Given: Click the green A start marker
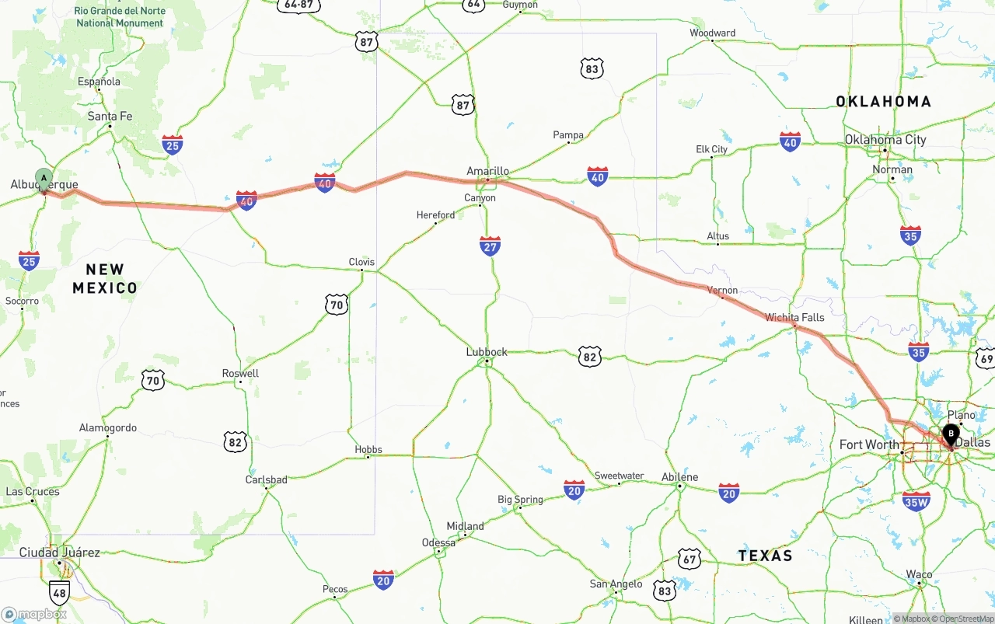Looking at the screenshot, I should pyautogui.click(x=44, y=179).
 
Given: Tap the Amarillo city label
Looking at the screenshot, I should pyautogui.click(x=487, y=171).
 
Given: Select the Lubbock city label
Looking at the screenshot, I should pyautogui.click(x=487, y=352).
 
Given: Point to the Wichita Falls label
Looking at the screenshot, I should pyautogui.click(x=794, y=317).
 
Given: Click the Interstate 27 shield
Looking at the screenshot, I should pyautogui.click(x=490, y=246).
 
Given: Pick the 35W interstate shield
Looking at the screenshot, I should pyautogui.click(x=916, y=501).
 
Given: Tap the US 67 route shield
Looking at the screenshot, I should pyautogui.click(x=689, y=558).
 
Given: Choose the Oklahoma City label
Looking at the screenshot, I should pyautogui.click(x=885, y=140).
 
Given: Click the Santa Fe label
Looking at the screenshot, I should pyautogui.click(x=110, y=117).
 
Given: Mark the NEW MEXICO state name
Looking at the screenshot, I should pyautogui.click(x=105, y=278).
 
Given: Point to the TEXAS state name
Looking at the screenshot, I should pyautogui.click(x=766, y=556).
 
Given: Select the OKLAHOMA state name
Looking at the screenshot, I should pyautogui.click(x=883, y=101).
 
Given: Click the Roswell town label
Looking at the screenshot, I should pyautogui.click(x=240, y=373).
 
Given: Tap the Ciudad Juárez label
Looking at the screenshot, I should pyautogui.click(x=60, y=553).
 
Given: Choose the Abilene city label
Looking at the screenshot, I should pyautogui.click(x=680, y=477).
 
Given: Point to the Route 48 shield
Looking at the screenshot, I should pyautogui.click(x=59, y=593).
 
